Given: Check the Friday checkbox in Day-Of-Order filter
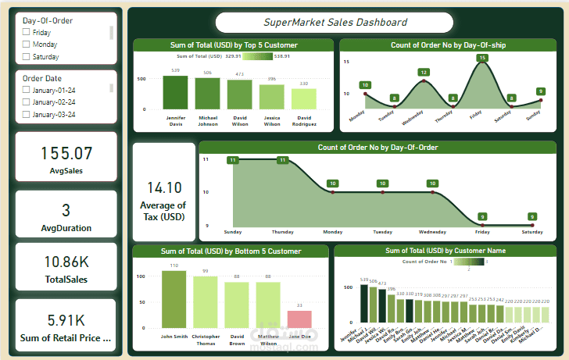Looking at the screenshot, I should [x=27, y=33].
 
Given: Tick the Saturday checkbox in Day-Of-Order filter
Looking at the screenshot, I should [x=27, y=57].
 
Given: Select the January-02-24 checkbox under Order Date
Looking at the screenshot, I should [x=27, y=102].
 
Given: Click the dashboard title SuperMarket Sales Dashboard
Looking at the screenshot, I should [x=335, y=23].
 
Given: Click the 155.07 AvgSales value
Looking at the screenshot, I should [x=66, y=153].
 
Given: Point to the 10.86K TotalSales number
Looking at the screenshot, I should [x=66, y=262].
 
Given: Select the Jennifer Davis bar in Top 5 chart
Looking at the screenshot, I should [x=175, y=92].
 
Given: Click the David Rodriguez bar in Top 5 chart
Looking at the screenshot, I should [x=303, y=98].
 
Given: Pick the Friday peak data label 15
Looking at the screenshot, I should [x=482, y=58].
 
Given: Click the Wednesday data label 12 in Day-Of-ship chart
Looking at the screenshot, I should [x=424, y=73].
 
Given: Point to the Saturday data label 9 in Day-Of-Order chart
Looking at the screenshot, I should [x=532, y=216].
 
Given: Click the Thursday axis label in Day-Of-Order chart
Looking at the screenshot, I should [x=282, y=232].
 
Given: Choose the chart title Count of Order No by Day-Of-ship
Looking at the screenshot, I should [x=448, y=45].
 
